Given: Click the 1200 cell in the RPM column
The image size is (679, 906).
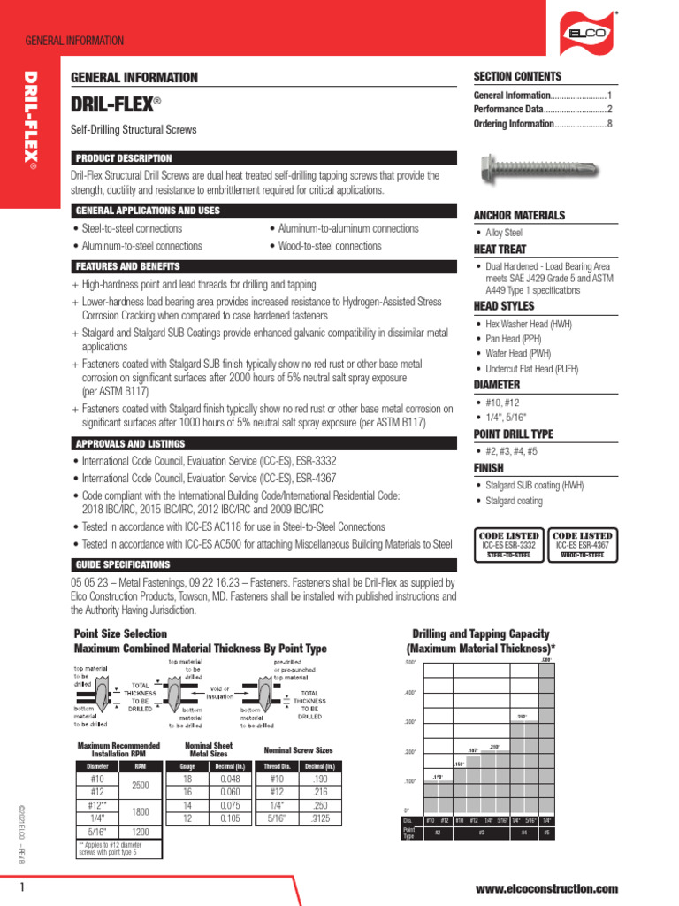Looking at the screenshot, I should coord(141,832).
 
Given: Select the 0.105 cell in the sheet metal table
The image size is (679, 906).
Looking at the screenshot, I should coord(229,818).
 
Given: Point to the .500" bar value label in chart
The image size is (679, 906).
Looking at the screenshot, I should coord(545,659).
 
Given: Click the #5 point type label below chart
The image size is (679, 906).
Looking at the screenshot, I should coord(546,833).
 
